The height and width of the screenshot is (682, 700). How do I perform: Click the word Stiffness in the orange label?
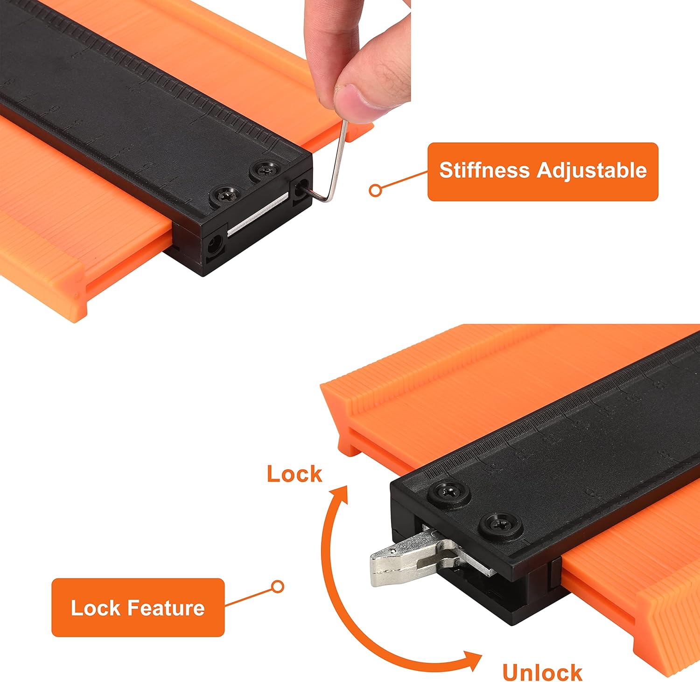[x=484, y=170]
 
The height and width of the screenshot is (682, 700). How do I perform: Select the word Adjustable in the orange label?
[x=591, y=170]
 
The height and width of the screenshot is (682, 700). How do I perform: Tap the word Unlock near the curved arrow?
[x=542, y=672]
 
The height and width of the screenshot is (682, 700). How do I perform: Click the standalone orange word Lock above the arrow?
[x=294, y=474]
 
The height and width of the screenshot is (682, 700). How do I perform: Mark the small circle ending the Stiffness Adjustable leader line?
[x=375, y=190]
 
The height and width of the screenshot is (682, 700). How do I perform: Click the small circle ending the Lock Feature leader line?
[x=278, y=586]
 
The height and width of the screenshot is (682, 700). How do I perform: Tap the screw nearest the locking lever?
[x=502, y=526]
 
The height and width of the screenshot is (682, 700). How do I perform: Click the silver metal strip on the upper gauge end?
[x=258, y=213]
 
